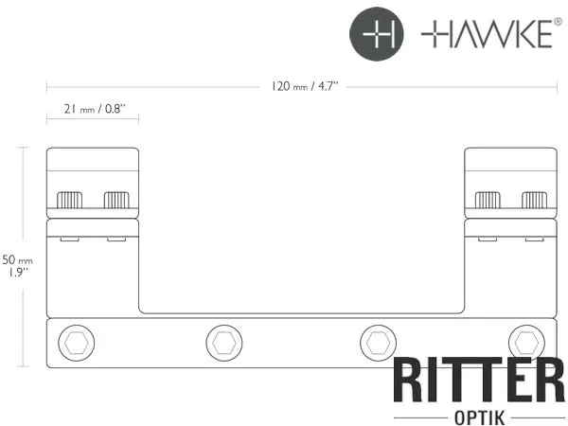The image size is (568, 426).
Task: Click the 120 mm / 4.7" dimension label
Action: (x=305, y=86)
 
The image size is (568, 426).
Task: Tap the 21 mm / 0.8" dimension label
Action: (x=95, y=109)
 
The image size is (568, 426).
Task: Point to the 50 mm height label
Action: (x=17, y=259)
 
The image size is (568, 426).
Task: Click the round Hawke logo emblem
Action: (x=377, y=34)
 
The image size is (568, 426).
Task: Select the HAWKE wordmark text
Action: (x=487, y=34)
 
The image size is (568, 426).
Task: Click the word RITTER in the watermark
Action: (x=479, y=380)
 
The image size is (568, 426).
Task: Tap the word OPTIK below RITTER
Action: (x=479, y=417)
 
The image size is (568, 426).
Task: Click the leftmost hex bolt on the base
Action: (x=76, y=343)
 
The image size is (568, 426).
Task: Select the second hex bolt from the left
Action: (x=224, y=343)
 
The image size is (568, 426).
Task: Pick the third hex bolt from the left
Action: (x=378, y=343)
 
